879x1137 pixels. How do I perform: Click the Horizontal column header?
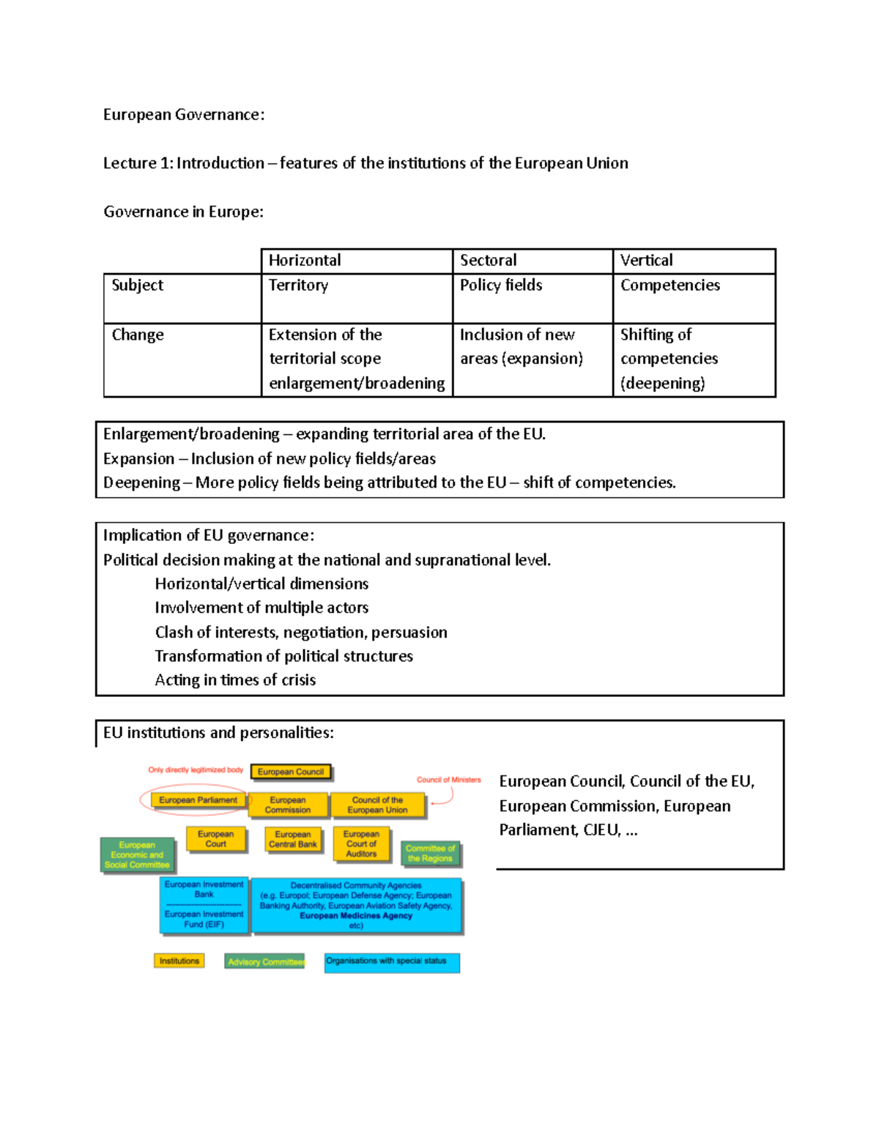305,261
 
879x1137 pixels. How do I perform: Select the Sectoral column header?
488,261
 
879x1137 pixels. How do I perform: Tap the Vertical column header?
646,261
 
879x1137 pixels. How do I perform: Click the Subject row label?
138,286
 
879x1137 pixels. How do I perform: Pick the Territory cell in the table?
298,286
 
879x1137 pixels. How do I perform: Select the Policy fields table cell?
501,286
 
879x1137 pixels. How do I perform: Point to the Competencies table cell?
670,286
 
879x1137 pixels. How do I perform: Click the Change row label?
138,335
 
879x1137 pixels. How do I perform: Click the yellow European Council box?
291,772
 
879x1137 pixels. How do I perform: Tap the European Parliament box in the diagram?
198,800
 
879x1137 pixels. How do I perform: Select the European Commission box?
288,805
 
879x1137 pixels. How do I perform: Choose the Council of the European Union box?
377,805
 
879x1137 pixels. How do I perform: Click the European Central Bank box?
293,839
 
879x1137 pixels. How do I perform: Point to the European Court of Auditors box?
361,843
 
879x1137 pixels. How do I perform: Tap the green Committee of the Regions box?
430,853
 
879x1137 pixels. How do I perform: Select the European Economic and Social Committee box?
137,854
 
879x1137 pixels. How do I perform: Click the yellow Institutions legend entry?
179,961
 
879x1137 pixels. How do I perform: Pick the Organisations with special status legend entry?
392,962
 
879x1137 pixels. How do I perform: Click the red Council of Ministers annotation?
448,780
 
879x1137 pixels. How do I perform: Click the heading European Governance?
184,115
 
